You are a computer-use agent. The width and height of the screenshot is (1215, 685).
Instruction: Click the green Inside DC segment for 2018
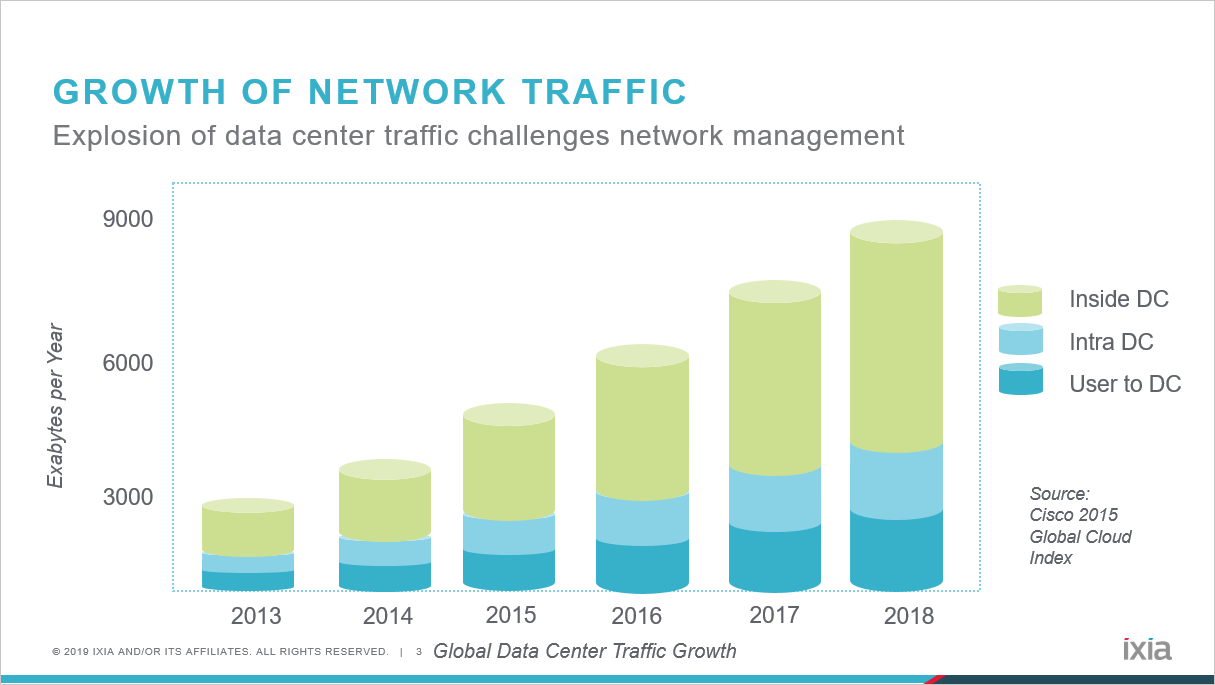tap(896, 340)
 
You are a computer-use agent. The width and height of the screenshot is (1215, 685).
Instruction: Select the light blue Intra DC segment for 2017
tap(775, 498)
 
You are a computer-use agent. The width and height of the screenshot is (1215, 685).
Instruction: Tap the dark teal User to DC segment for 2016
tap(642, 565)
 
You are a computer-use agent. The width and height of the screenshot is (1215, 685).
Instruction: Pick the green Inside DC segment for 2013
tap(247, 530)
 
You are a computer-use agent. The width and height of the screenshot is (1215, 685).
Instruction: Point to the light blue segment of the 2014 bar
tap(384, 551)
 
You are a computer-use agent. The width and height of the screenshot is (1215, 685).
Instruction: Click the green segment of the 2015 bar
tap(508, 467)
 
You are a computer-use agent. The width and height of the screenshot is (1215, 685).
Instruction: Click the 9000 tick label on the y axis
tap(127, 218)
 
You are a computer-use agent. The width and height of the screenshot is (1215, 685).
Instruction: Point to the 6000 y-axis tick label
tap(127, 362)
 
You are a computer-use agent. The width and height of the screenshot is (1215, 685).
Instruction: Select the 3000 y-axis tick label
tap(127, 498)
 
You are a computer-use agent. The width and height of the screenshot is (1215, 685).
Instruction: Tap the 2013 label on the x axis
tap(256, 615)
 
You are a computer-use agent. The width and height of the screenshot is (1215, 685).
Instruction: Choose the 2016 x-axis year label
tap(637, 615)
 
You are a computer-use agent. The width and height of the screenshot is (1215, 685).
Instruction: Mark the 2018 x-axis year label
tap(909, 615)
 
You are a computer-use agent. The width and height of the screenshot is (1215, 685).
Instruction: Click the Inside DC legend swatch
tap(1020, 300)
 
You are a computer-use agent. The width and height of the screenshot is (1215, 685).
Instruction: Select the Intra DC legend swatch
tap(1020, 340)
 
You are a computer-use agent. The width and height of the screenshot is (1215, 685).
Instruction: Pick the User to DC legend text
tap(1125, 384)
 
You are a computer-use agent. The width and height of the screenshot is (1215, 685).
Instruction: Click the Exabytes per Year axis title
tap(56, 406)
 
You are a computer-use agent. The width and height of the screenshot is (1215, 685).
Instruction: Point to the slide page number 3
tap(419, 652)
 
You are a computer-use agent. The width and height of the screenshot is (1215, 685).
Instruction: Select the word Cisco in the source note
tap(1051, 515)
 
